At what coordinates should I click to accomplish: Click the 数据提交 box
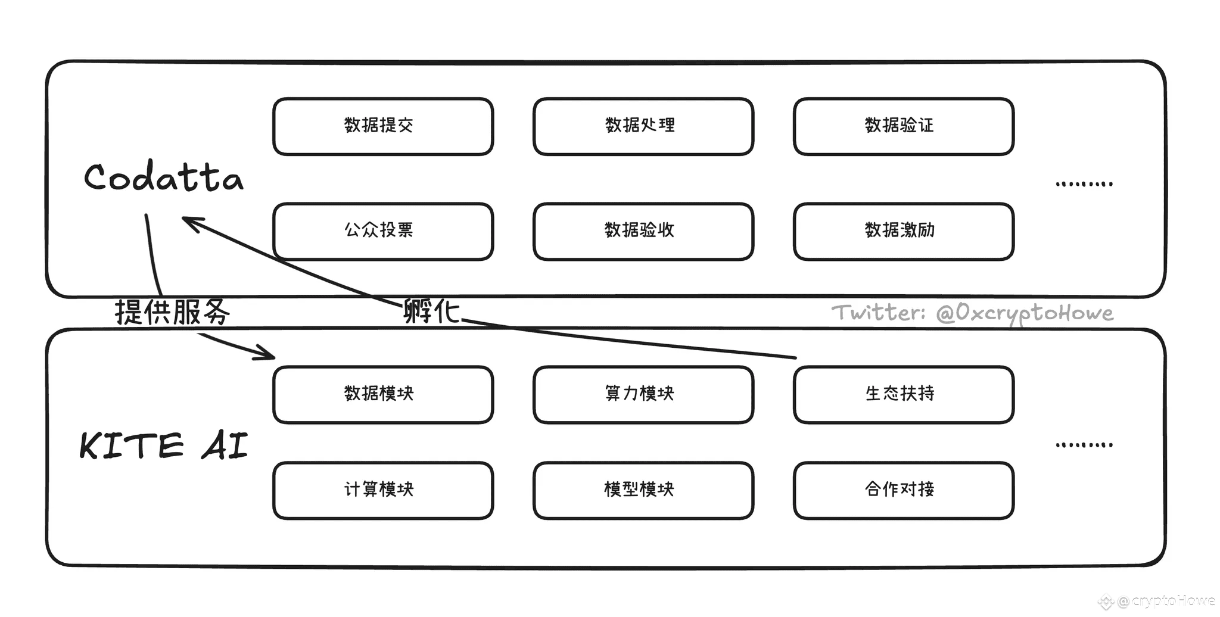pyautogui.click(x=383, y=126)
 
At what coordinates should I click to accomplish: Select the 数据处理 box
pyautogui.click(x=643, y=126)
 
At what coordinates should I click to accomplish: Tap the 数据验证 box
pyautogui.click(x=904, y=126)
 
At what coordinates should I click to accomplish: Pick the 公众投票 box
pyautogui.click(x=383, y=231)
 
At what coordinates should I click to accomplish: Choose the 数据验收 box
pyautogui.click(x=643, y=231)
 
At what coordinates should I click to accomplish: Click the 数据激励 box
pyautogui.click(x=904, y=231)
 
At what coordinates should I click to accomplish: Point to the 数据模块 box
pyautogui.click(x=383, y=394)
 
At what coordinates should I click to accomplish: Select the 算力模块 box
pyautogui.click(x=643, y=394)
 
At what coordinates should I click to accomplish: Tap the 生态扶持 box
pyautogui.click(x=904, y=394)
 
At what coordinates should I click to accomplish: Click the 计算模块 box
pyautogui.click(x=383, y=490)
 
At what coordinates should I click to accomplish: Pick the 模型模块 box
pyautogui.click(x=643, y=490)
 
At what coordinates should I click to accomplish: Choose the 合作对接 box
pyautogui.click(x=904, y=490)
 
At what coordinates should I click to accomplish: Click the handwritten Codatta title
pyautogui.click(x=164, y=176)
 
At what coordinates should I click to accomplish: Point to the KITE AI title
pyautogui.click(x=164, y=445)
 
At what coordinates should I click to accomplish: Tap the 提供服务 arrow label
pyautogui.click(x=172, y=311)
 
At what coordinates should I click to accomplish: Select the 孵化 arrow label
pyautogui.click(x=431, y=310)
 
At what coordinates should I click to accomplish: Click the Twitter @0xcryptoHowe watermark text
pyautogui.click(x=972, y=313)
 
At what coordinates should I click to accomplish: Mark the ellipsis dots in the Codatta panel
pyautogui.click(x=1084, y=183)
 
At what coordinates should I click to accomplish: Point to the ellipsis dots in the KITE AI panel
pyautogui.click(x=1084, y=444)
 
